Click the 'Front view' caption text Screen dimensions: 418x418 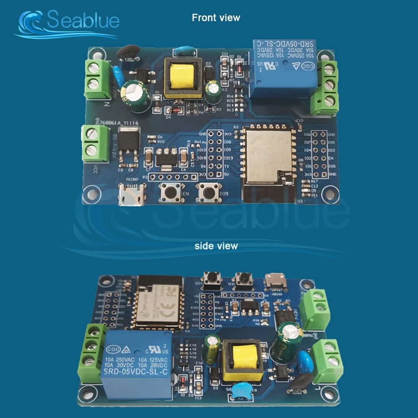[216, 18]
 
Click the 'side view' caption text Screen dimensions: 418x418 [216, 246]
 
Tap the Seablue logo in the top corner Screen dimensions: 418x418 [67, 23]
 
